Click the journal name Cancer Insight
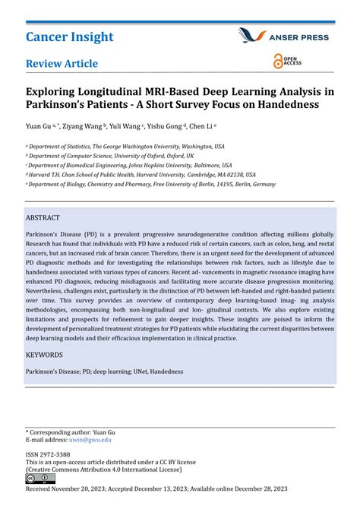coord(69,36)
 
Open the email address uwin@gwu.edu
coord(90,439)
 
